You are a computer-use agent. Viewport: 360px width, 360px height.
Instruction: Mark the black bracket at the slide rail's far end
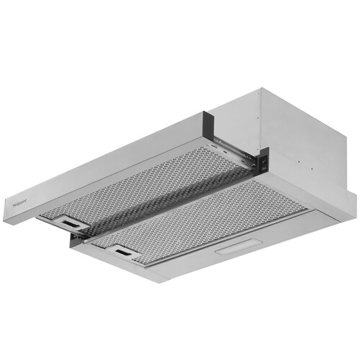(x=263, y=161)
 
